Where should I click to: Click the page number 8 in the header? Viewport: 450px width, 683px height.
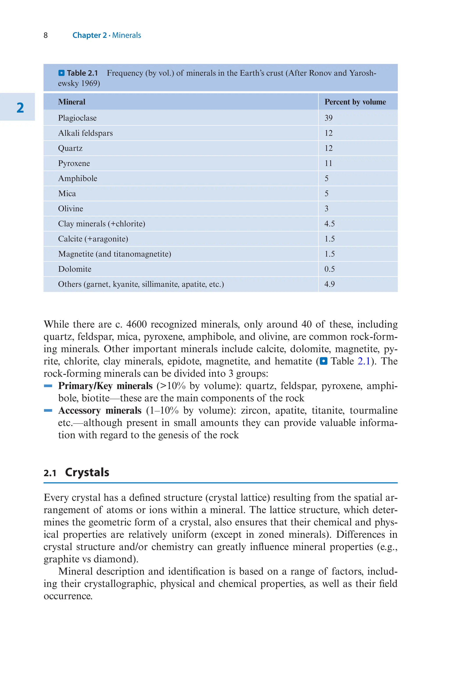(46, 35)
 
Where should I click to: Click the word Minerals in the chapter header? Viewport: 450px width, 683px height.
(126, 35)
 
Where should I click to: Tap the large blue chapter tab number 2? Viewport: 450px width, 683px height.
(20, 108)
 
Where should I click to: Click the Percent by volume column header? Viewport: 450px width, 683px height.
(355, 102)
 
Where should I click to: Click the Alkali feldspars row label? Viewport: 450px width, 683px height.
(85, 133)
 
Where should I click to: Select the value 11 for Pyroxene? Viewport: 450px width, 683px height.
(328, 163)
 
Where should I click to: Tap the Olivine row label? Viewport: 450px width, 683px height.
(70, 209)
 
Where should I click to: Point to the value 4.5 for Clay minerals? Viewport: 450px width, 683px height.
(329, 224)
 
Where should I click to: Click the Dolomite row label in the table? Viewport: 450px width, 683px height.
(75, 269)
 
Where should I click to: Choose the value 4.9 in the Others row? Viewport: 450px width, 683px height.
(329, 284)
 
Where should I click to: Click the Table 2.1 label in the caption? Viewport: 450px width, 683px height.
(82, 73)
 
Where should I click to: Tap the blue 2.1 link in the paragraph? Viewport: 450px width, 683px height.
(364, 361)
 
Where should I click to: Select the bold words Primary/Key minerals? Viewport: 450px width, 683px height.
(105, 386)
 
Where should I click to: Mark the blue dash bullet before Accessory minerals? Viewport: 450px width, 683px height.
(48, 410)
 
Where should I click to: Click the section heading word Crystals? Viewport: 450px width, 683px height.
(87, 472)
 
